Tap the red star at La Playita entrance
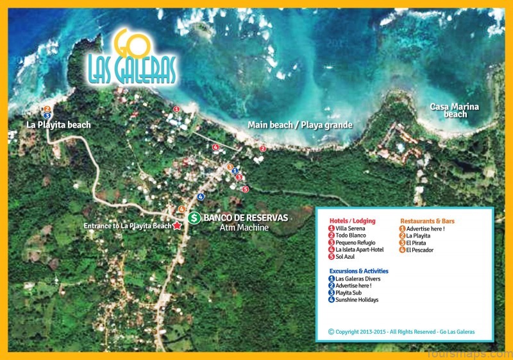177,226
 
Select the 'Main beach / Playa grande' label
301,124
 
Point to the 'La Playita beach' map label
58,124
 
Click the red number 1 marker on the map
176,109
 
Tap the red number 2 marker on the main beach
262,148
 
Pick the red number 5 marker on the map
245,189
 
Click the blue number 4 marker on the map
201,196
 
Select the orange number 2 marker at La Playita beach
47,109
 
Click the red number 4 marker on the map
215,148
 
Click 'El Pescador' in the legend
419,250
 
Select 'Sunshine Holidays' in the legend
357,300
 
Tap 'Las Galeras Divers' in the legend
358,279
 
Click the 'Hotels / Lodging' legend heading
352,221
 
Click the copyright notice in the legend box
401,332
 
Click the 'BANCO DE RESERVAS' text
245,218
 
